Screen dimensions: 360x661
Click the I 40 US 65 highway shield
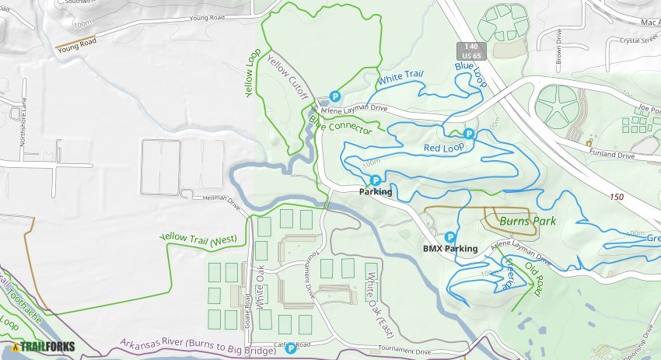[469, 51]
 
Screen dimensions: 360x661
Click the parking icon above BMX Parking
[450, 237]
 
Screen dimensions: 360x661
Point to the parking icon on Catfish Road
[290, 348]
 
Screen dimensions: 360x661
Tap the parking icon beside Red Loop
[469, 134]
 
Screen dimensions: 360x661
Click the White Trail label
[400, 77]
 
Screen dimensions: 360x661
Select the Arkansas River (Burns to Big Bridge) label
[198, 347]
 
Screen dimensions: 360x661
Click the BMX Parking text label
[450, 249]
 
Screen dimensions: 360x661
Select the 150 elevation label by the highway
[617, 197]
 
